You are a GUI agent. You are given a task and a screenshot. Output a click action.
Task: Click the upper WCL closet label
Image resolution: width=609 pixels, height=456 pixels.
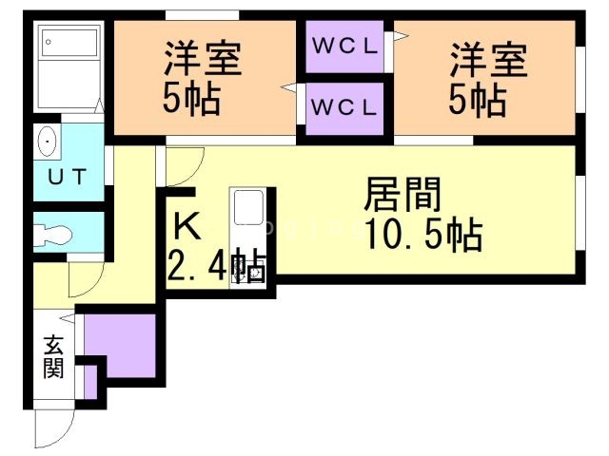tap(344, 47)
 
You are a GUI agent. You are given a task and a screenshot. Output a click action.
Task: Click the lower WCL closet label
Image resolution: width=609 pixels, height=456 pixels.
tap(344, 107)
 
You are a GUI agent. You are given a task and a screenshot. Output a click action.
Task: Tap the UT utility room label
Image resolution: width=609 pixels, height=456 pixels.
tap(67, 177)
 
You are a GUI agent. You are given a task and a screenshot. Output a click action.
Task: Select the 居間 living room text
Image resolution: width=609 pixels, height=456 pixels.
tap(403, 194)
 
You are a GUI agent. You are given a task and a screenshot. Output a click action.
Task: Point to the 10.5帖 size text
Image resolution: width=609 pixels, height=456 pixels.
tap(424, 235)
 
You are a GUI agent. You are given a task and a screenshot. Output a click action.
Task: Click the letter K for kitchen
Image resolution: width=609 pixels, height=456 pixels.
tap(187, 227)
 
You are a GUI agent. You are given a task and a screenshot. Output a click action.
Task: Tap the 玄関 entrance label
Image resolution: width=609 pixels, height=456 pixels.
tap(53, 357)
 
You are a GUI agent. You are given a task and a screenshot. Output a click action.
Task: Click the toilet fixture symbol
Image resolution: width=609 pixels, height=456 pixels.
tap(53, 235)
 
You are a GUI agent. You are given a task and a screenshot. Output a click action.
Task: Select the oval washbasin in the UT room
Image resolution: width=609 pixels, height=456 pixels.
tap(48, 142)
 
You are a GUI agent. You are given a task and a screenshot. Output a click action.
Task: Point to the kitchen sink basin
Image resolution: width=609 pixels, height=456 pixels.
tap(248, 207)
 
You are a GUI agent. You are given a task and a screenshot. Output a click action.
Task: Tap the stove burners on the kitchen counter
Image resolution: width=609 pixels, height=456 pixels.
tap(248, 270)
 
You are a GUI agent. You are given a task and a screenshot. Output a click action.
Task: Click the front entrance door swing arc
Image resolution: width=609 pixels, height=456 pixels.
tap(54, 428)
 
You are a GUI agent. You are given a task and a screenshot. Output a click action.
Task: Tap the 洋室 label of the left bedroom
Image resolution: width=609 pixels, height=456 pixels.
tap(203, 59)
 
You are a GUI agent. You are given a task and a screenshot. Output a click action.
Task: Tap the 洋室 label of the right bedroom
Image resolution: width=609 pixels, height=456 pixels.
tap(488, 60)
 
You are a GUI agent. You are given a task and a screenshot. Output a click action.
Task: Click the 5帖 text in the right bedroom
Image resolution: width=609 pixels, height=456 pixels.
tap(478, 101)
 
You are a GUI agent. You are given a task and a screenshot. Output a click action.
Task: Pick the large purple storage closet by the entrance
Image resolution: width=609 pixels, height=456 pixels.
tap(120, 346)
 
